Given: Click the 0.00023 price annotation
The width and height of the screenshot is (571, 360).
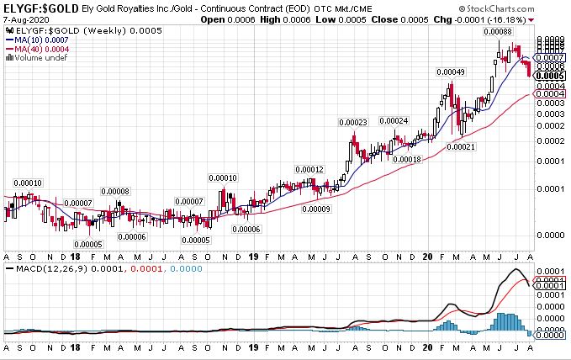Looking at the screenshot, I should (x=353, y=123).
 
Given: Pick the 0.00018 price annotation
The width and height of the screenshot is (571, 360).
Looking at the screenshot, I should (x=406, y=159).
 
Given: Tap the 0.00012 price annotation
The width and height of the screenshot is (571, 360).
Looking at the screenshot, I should (x=309, y=169).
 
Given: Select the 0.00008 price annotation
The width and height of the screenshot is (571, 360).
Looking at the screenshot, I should (x=115, y=191).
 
